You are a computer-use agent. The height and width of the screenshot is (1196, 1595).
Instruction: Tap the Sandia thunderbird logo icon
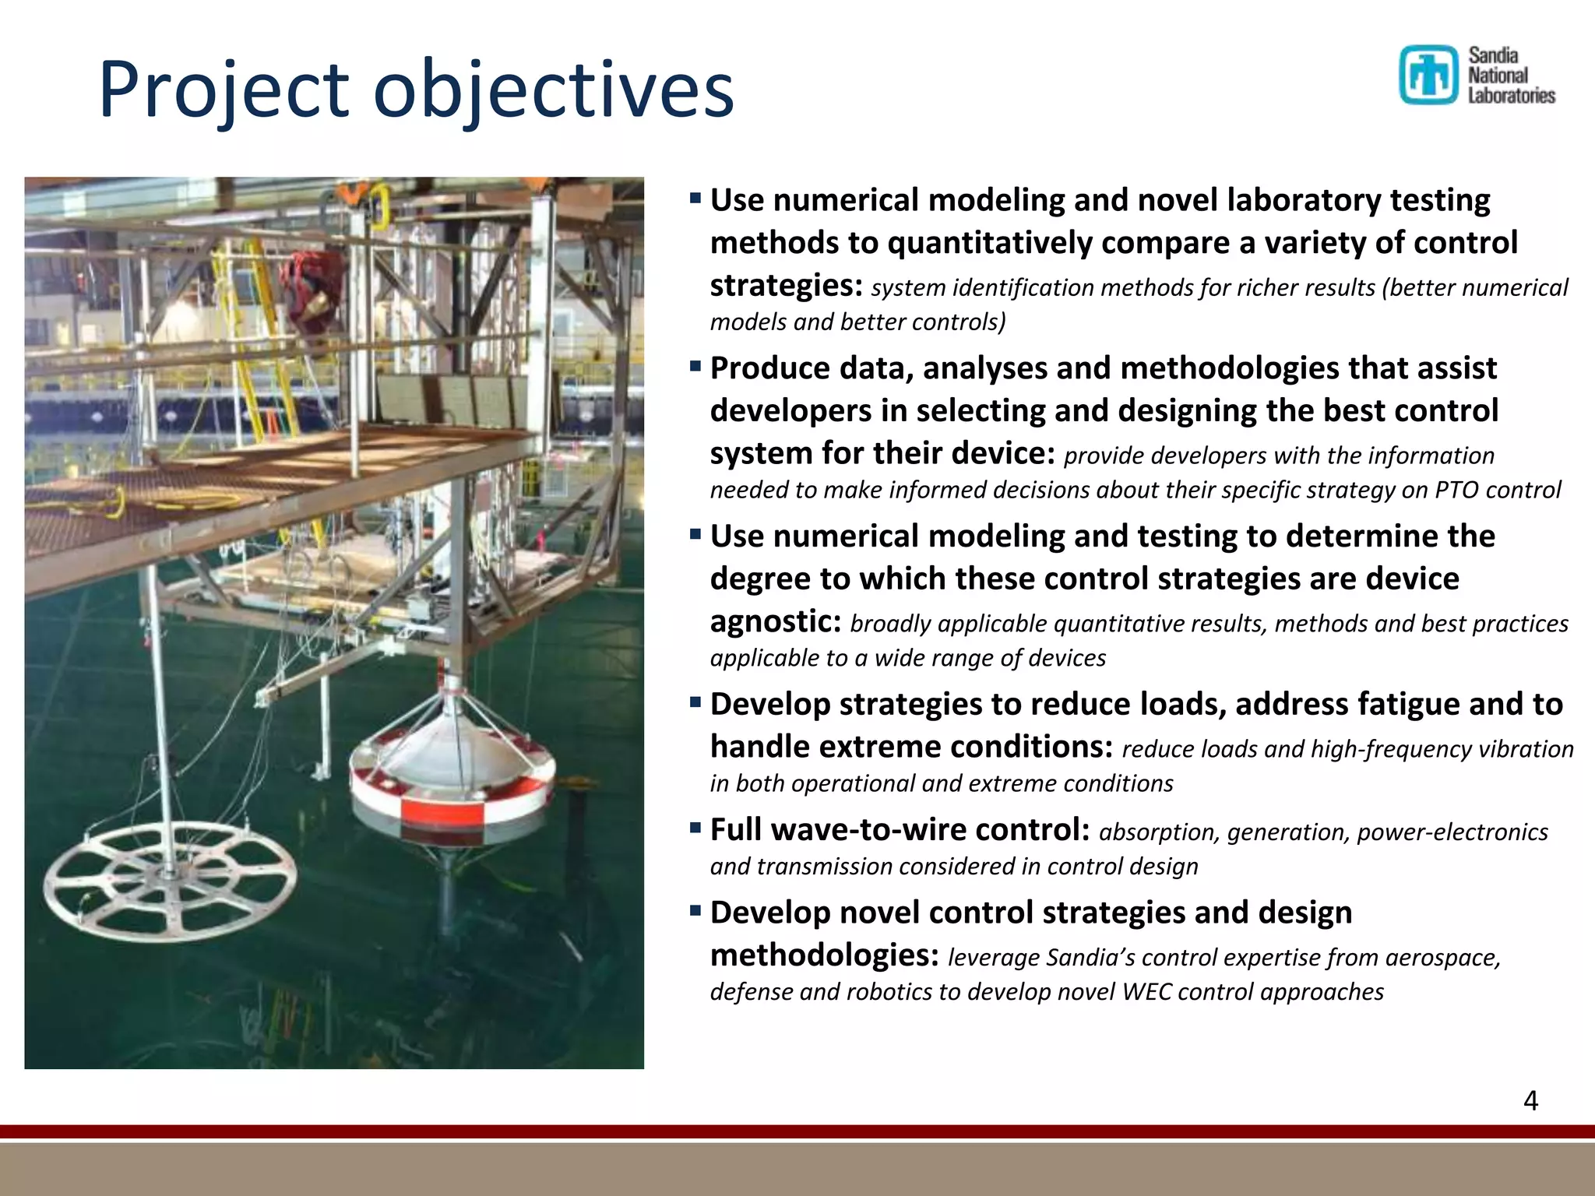(x=1428, y=75)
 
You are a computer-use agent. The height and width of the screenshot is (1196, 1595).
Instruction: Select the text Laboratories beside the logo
(x=1511, y=95)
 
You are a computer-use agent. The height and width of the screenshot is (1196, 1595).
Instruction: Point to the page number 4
(x=1530, y=1100)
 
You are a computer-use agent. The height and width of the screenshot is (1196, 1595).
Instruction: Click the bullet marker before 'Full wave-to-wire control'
(x=695, y=827)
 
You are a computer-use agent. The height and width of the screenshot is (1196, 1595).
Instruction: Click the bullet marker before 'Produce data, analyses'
(x=695, y=365)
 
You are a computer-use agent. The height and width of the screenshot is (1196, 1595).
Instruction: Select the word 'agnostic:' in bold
(x=776, y=621)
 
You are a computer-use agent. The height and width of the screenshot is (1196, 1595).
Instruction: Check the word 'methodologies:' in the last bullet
(x=824, y=955)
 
